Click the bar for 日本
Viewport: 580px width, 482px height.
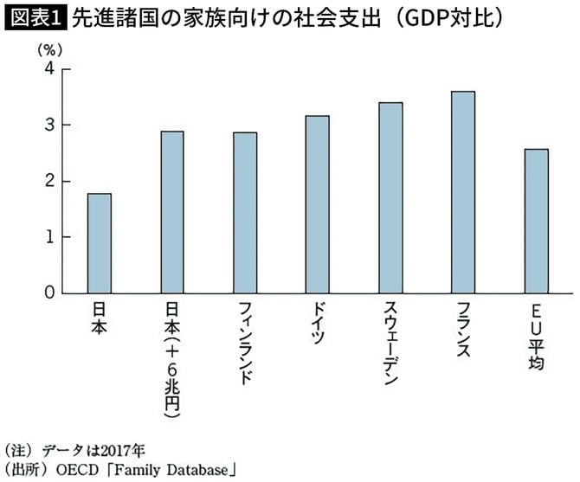coord(99,243)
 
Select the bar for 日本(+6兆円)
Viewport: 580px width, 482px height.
coord(172,212)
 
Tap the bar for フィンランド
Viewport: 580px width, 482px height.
coord(245,213)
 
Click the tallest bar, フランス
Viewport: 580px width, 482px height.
coord(463,192)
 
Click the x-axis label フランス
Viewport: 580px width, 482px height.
coord(463,329)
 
